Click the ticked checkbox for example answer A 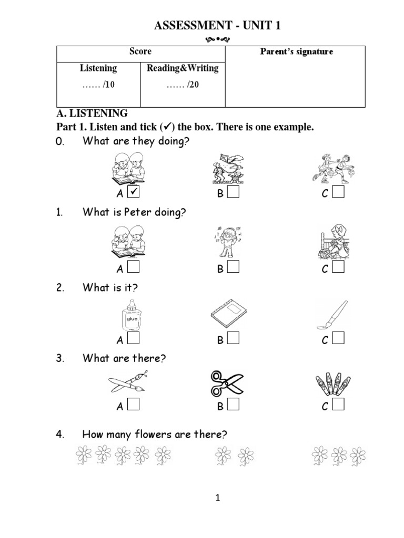coord(134,193)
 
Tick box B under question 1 coord(234,268)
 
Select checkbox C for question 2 coord(338,339)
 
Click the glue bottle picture coord(130,315)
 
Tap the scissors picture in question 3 coord(227,383)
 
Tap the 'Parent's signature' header coord(297,51)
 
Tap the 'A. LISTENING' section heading coord(92,113)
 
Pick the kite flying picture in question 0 coord(228,168)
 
